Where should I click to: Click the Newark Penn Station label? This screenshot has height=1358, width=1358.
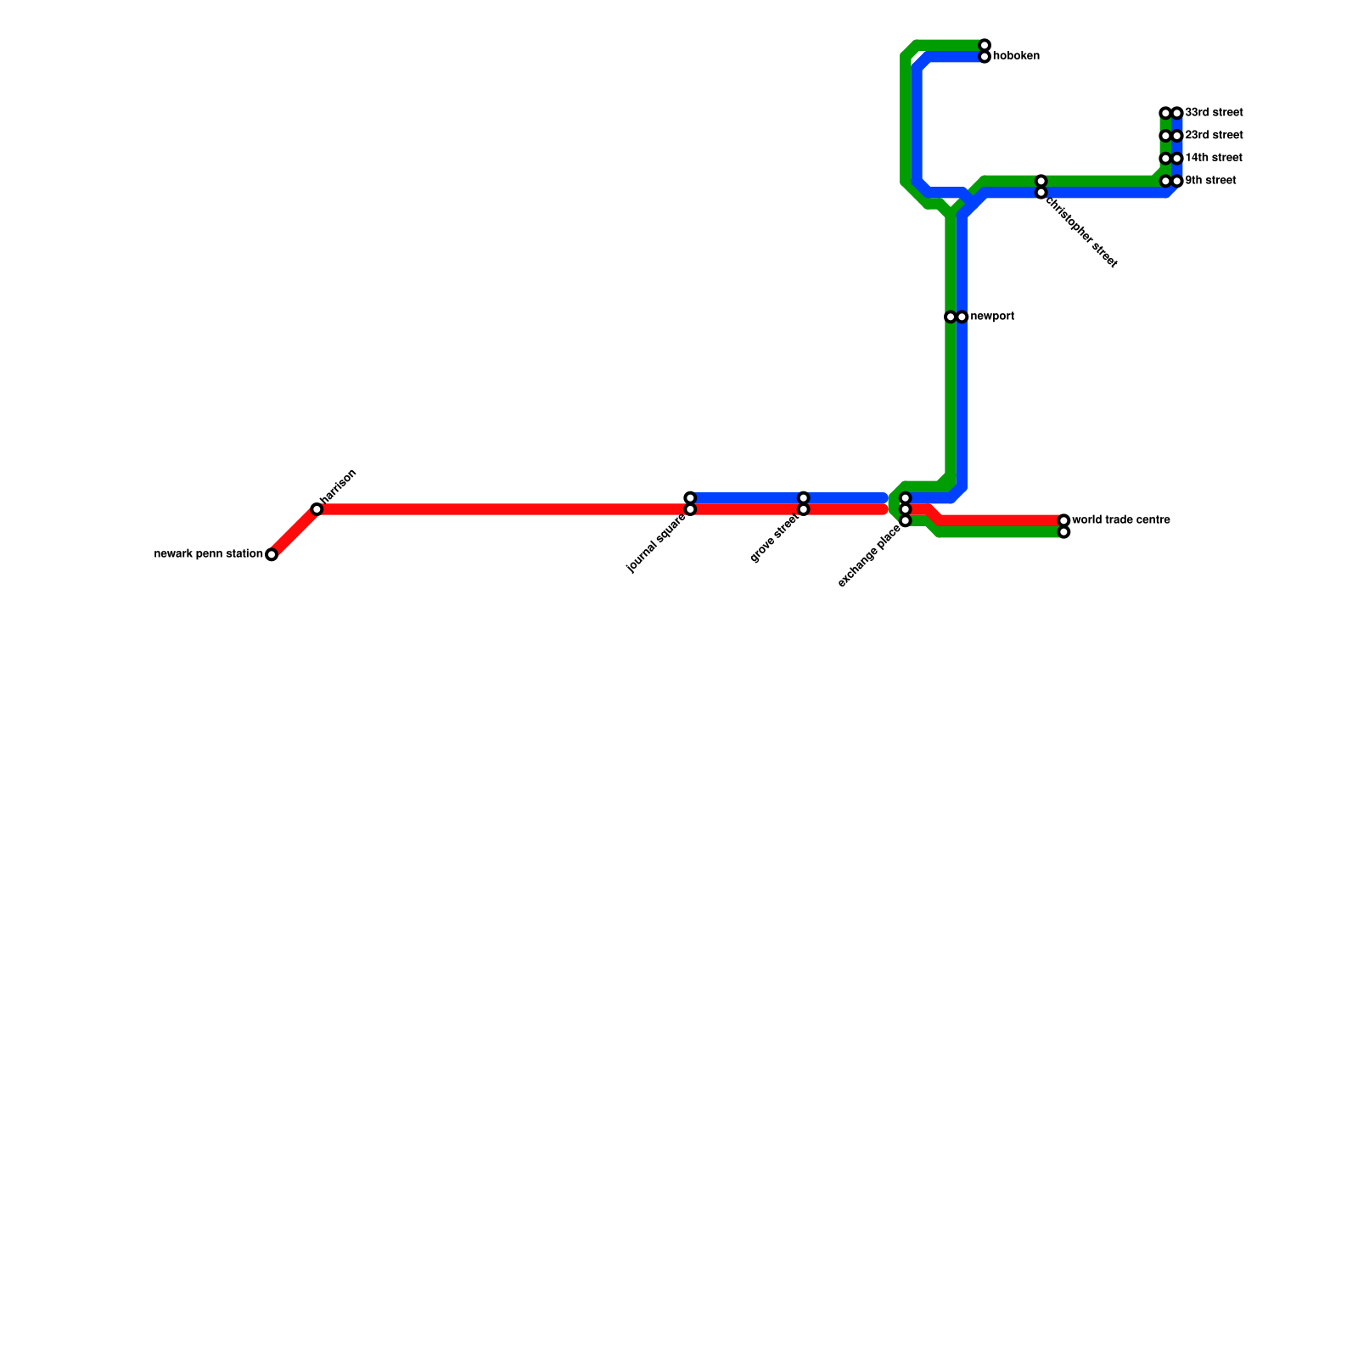point(208,555)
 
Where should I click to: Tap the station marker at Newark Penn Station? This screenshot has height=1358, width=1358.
point(272,555)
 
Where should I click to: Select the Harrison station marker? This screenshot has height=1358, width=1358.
point(317,509)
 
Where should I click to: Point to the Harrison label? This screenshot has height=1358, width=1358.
point(339,486)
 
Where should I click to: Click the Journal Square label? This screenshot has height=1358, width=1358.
point(656,543)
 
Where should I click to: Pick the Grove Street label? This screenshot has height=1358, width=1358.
point(775,538)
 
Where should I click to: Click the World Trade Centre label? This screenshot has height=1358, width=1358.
point(1121,520)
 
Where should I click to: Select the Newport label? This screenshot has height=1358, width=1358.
point(992,317)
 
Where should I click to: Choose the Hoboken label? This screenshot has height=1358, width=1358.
point(1016,57)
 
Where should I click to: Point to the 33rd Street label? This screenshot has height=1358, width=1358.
point(1214,113)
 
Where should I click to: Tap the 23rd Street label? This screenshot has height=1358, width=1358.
point(1214,136)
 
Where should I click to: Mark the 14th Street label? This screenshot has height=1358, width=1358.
point(1214,159)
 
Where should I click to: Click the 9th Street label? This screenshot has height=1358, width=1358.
point(1210,182)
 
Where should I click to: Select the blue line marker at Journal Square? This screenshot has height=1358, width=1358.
point(690,497)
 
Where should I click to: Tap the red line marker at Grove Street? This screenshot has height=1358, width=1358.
point(804,509)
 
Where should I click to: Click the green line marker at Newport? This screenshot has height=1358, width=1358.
point(951,317)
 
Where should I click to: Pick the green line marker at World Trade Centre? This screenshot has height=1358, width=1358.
point(1063,532)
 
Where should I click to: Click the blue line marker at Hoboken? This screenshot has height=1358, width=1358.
point(985,57)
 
